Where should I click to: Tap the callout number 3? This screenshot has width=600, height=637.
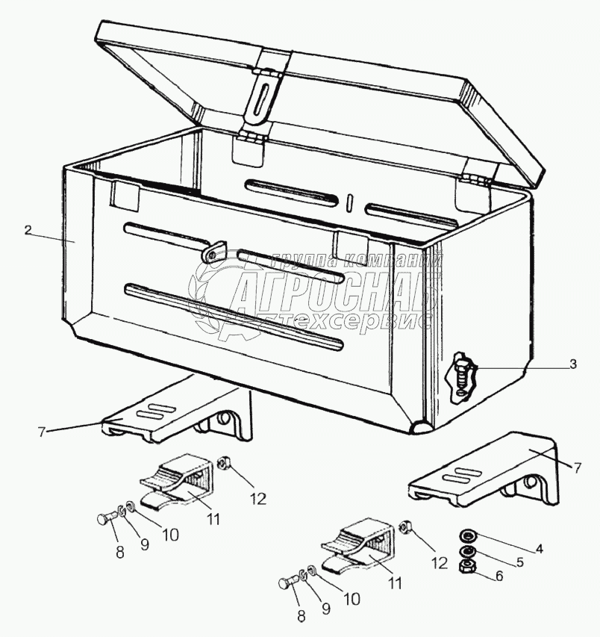[x=572, y=365]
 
